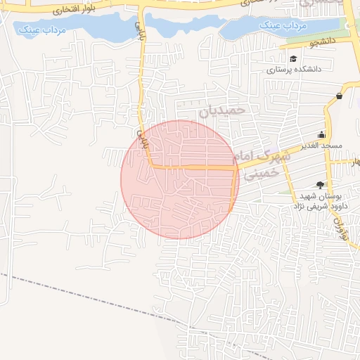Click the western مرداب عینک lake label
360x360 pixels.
click(40, 30)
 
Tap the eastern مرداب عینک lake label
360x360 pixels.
click(283, 26)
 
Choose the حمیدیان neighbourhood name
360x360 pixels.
click(224, 110)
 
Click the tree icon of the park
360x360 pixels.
click(321, 185)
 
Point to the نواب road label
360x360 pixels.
click(344, 227)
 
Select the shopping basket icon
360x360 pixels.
click(340, 96)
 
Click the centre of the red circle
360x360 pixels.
click(179, 179)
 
